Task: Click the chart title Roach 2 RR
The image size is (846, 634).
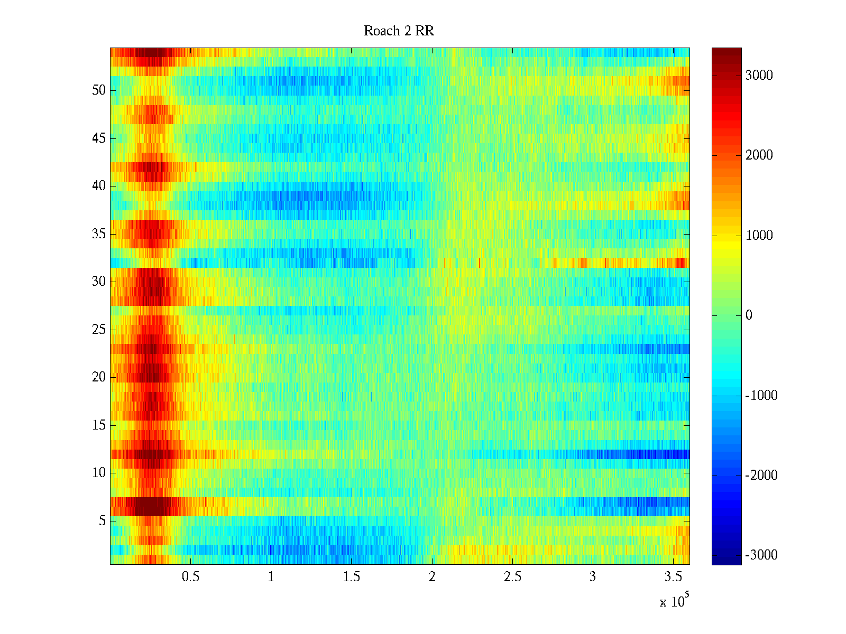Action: pos(399,31)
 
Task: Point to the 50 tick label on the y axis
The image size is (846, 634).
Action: pos(99,90)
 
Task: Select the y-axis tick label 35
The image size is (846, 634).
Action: pos(99,234)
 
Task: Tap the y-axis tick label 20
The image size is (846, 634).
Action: pos(99,377)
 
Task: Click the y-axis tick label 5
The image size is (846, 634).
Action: pos(102,520)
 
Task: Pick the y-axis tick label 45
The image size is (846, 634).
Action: pos(99,138)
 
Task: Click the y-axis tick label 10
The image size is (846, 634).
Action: pos(99,472)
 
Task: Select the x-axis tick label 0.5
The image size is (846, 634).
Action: pos(190,576)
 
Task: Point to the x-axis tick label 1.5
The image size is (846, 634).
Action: pos(351,576)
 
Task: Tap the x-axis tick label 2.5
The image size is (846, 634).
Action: pos(512,576)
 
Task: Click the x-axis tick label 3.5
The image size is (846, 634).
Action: pos(673,576)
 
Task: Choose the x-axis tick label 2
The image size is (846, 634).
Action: pos(431,576)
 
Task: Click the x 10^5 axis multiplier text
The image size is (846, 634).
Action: pos(674,601)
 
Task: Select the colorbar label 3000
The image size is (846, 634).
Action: pos(759,75)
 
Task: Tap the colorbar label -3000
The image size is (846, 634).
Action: pos(761,555)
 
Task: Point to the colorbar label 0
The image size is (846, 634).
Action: pos(749,315)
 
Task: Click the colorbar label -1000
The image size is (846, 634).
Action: pos(761,395)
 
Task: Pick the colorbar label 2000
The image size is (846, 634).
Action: pos(759,155)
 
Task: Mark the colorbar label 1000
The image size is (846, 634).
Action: pos(759,235)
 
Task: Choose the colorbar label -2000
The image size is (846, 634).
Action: pos(761,475)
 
